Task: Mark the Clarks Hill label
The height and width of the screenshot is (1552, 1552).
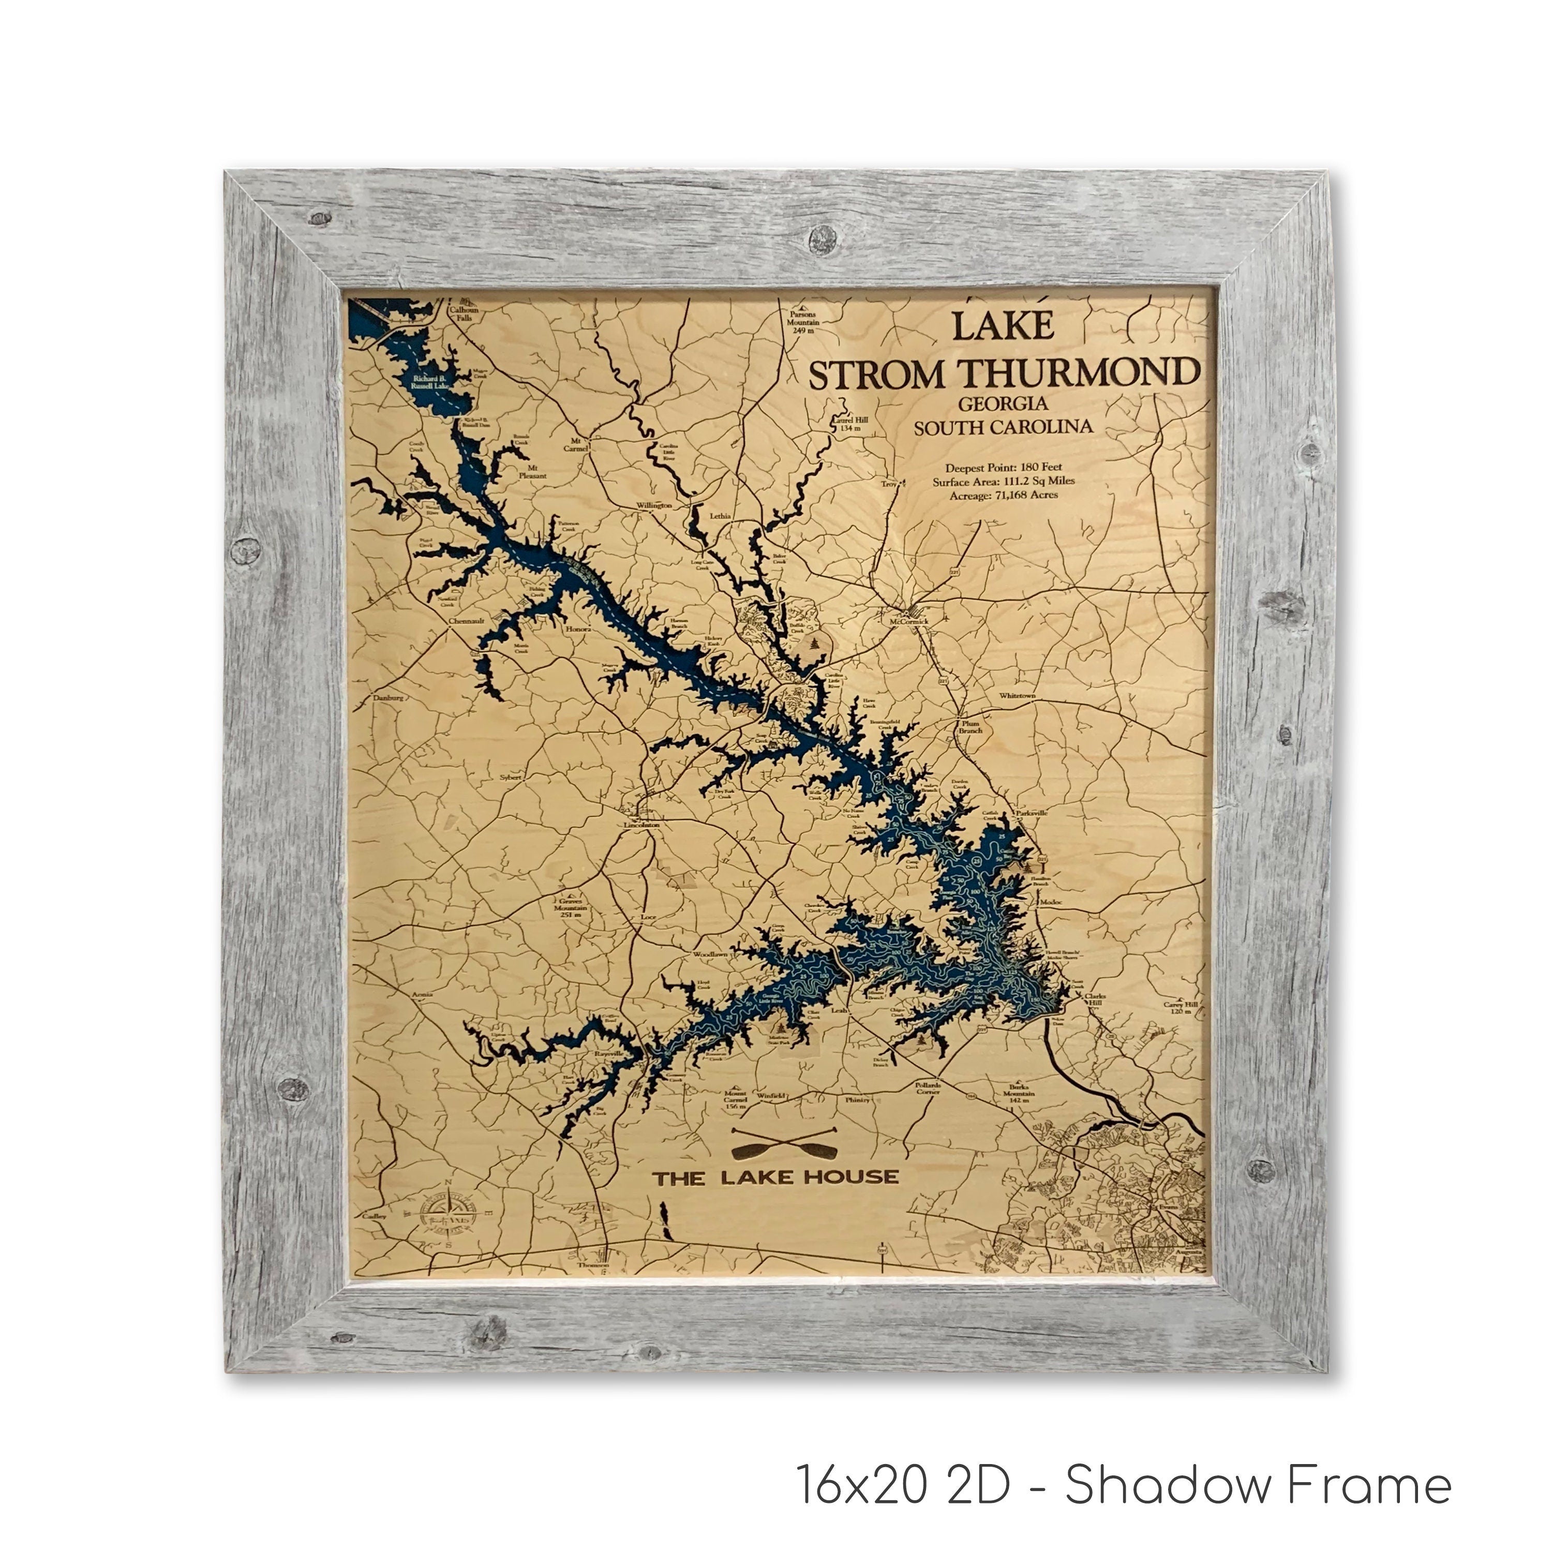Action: [x=1094, y=999]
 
